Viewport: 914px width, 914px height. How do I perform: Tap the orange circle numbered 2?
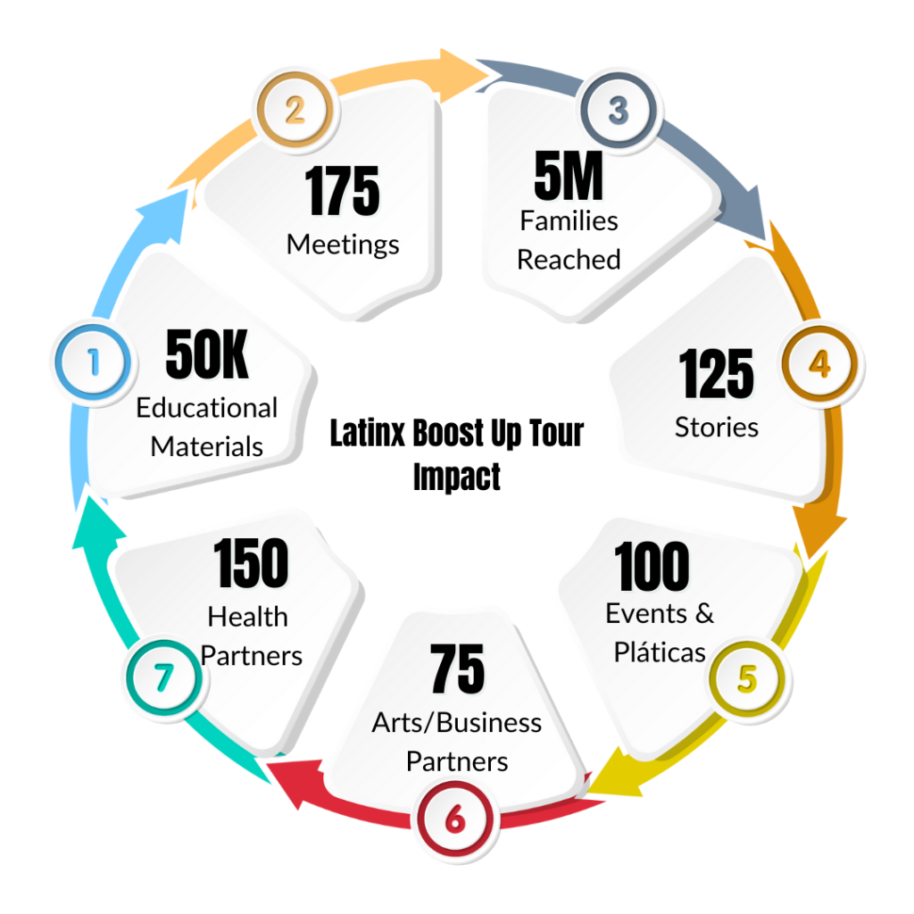point(295,109)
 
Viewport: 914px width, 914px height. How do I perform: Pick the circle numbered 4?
point(818,363)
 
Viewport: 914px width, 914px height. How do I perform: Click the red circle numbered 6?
point(454,818)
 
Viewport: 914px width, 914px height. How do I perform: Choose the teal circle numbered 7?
point(162,678)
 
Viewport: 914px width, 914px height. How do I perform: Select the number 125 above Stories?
point(717,374)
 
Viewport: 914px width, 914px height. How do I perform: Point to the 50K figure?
point(207,354)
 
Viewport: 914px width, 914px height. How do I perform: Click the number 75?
point(457,669)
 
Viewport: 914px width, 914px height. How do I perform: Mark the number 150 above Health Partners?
point(251,564)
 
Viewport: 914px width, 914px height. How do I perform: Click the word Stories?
point(717,428)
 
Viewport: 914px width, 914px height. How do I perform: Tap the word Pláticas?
point(661,652)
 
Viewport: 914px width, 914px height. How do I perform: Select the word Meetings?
point(343,244)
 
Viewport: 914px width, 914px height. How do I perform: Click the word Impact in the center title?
point(457,477)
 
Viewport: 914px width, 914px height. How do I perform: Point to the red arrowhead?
point(284,775)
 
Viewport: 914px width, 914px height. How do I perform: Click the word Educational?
point(207,408)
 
